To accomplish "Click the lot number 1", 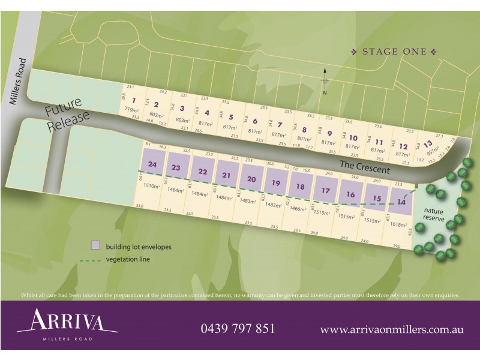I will pyautogui.click(x=134, y=100).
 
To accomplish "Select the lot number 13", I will pyautogui.click(x=427, y=144).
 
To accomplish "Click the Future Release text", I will pyautogui.click(x=67, y=117).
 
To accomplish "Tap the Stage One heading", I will pyautogui.click(x=394, y=52).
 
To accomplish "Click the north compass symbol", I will pyautogui.click(x=325, y=81).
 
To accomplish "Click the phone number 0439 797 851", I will pyautogui.click(x=238, y=329).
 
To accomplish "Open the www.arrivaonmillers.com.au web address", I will pyautogui.click(x=391, y=329).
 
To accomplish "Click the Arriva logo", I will pyautogui.click(x=67, y=324).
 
